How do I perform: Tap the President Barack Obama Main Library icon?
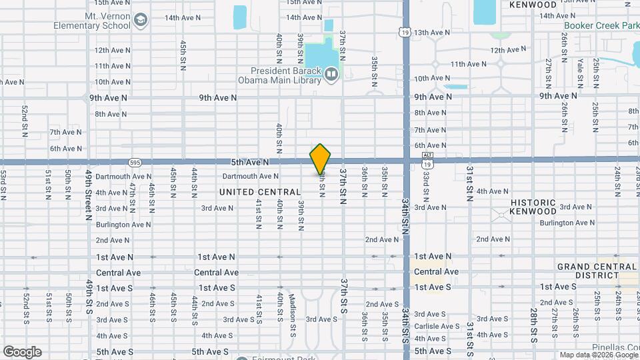(331, 73)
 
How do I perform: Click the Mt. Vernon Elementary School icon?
(141, 21)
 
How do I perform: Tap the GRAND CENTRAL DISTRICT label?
(597, 271)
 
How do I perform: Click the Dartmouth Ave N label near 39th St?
(250, 177)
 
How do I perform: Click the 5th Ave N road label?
(250, 162)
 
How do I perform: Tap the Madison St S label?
(292, 312)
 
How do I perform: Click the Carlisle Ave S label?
(437, 326)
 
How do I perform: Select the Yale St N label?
(580, 73)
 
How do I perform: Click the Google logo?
(22, 351)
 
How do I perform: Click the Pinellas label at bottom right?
(614, 348)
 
